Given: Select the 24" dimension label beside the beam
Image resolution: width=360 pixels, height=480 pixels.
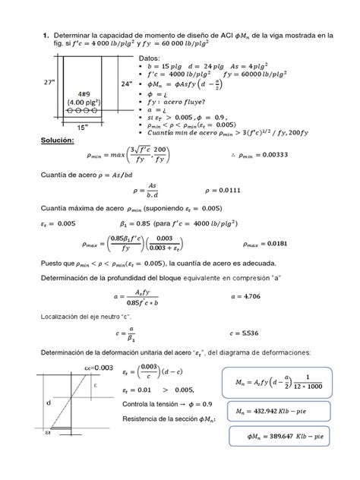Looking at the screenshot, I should pos(128,84).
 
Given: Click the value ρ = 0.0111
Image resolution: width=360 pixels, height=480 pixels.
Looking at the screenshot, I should pos(256,208).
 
